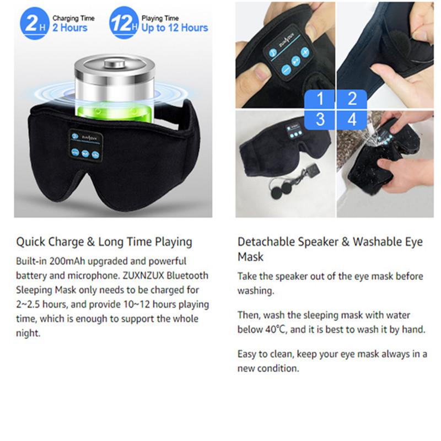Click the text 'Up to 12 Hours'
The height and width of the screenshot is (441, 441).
point(175,28)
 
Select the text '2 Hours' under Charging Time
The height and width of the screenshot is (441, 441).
point(70,28)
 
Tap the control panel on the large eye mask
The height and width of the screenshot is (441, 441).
point(85,145)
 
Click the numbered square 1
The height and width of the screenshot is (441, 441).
point(321,99)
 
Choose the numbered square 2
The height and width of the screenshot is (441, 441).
point(352,99)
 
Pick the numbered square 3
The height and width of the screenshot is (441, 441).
point(321,119)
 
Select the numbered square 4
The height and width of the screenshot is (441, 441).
point(352,119)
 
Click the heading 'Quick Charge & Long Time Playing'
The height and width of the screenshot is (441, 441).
point(104,241)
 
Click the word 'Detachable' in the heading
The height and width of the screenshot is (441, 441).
point(264,241)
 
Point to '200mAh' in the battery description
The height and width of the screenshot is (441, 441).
point(61,261)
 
